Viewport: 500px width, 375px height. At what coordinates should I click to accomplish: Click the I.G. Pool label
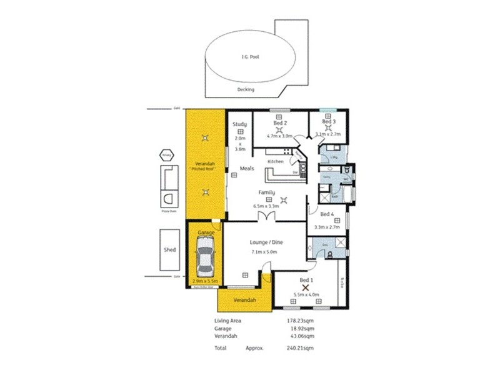250,57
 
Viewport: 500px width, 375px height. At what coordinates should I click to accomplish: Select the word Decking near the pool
246,89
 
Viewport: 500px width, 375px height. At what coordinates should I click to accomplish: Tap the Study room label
240,124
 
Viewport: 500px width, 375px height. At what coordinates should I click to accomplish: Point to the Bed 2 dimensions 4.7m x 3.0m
279,136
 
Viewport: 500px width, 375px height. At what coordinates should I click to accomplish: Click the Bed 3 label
330,121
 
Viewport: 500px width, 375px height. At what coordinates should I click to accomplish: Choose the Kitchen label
276,161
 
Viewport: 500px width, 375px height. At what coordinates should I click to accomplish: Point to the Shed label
170,249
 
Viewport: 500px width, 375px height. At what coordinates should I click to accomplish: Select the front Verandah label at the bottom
244,300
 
